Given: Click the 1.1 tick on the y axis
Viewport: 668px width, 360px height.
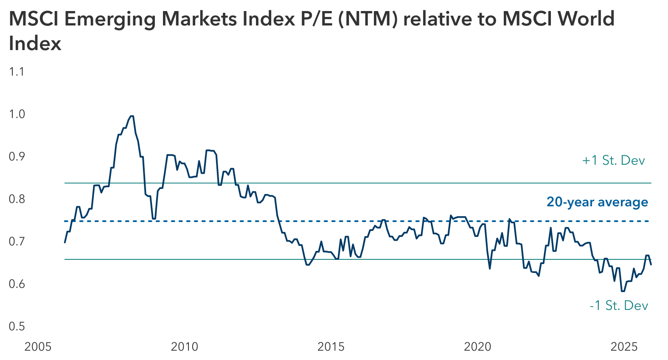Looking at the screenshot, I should [x=17, y=71].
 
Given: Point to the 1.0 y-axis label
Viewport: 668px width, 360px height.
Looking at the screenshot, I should [x=17, y=114].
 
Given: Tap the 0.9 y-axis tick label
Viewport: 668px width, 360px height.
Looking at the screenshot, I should [x=17, y=156].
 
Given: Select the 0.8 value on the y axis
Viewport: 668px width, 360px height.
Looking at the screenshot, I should [x=17, y=199].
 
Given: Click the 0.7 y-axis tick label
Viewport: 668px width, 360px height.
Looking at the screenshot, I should [x=17, y=241].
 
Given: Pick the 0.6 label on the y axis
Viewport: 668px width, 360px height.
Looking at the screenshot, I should [x=17, y=284].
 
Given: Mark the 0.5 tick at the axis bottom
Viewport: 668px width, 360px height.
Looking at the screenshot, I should [x=17, y=326].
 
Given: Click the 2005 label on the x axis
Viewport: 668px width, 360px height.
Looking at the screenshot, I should [x=38, y=347].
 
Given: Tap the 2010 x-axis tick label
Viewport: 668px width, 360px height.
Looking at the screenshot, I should [x=184, y=347].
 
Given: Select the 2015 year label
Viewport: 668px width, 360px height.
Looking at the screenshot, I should [x=331, y=347].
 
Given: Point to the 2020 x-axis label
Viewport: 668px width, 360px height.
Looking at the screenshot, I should [x=477, y=347].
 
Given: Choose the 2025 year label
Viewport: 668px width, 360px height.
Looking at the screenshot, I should [x=624, y=347].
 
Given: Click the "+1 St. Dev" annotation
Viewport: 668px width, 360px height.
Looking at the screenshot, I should [x=613, y=160].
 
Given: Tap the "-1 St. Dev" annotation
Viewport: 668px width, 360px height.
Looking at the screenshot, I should [x=619, y=306].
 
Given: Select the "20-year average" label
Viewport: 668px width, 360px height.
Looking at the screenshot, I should [x=597, y=202].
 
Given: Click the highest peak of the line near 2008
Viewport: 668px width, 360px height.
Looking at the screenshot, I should [x=132, y=116].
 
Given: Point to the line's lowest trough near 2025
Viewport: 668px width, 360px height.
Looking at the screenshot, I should [x=623, y=291].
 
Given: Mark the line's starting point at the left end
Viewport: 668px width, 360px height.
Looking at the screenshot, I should [x=65, y=242].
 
